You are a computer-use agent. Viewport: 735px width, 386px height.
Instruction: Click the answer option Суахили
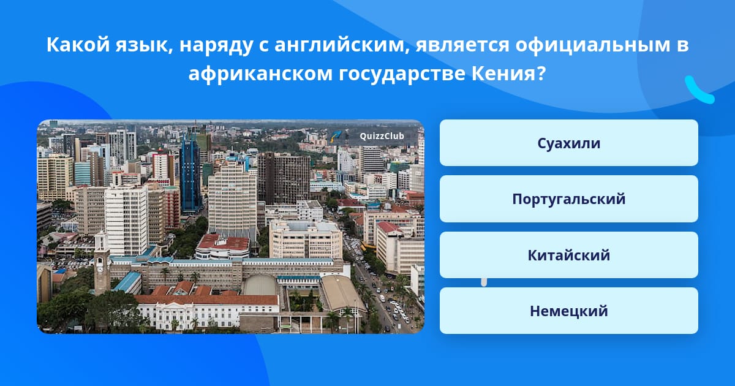coord(568,143)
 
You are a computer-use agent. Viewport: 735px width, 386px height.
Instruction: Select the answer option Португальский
coord(568,199)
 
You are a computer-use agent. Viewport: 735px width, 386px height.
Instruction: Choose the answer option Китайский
coord(568,255)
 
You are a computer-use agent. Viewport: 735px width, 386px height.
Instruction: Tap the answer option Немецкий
coord(568,311)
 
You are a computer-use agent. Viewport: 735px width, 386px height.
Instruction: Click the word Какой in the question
coord(78,45)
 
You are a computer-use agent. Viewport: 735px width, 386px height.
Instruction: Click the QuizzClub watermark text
coord(382,136)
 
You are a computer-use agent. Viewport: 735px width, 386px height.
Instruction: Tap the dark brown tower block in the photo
coord(284,179)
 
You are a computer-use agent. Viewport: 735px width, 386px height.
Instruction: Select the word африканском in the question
coord(260,74)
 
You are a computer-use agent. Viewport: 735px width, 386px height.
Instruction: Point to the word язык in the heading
coord(144,45)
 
